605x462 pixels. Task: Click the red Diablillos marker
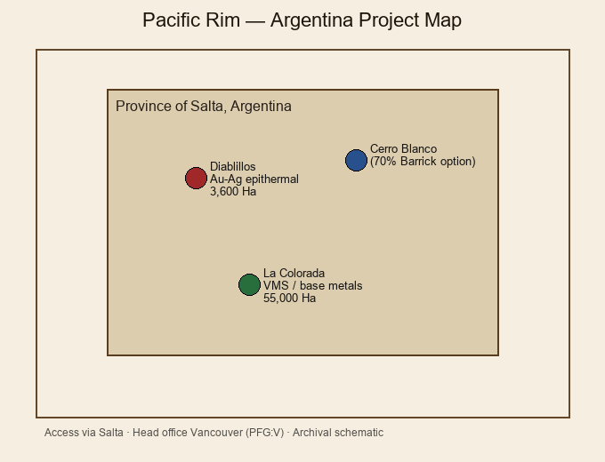[196, 178]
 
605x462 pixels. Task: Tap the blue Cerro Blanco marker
[356, 160]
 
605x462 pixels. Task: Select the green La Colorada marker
[250, 285]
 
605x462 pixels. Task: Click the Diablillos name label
[233, 166]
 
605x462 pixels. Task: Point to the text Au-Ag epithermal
[254, 179]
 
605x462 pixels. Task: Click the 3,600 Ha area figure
[233, 192]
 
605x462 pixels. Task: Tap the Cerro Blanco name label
[404, 148]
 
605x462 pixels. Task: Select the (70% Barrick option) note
[423, 162]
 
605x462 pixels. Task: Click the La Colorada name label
[294, 273]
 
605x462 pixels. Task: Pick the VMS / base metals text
[313, 285]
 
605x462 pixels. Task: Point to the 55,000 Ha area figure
[290, 299]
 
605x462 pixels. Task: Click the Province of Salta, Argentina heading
[204, 107]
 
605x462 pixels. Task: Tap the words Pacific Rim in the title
[191, 20]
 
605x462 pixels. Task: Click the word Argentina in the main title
[311, 20]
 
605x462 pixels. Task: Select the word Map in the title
[443, 20]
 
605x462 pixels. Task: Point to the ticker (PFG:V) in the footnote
[265, 433]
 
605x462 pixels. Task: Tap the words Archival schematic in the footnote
[338, 433]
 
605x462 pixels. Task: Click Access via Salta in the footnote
[84, 433]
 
